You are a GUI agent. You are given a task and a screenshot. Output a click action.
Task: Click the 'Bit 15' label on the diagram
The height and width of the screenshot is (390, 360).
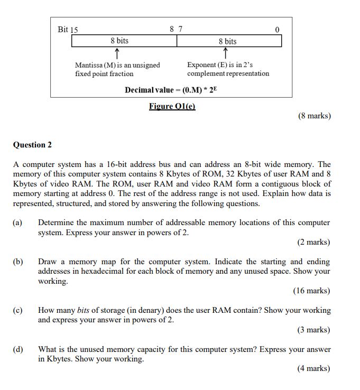68,30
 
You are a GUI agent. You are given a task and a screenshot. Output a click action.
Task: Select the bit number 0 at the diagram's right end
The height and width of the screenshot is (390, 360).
276,30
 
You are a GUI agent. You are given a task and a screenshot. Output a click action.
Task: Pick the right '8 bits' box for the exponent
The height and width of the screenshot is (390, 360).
228,41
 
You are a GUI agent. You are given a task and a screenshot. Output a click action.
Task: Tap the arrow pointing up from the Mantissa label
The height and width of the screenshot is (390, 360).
116,53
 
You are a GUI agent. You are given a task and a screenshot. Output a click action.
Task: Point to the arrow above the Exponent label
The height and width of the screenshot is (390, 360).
226,53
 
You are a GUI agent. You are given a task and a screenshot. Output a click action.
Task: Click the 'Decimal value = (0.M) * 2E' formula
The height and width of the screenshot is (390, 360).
171,90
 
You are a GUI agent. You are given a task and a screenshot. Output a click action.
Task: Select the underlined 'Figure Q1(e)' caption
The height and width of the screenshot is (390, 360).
172,106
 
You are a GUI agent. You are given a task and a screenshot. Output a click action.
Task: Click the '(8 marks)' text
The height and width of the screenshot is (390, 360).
314,116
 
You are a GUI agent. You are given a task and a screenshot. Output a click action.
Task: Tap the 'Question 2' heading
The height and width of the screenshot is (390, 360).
32,145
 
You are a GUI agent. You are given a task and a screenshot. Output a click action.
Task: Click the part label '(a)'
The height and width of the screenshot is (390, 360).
18,223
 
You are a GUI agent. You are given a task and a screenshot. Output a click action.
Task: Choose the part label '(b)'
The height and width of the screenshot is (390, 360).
18,262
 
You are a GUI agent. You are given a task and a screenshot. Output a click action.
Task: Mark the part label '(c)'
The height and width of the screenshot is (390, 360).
18,311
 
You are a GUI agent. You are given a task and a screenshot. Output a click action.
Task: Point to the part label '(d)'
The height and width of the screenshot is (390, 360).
18,350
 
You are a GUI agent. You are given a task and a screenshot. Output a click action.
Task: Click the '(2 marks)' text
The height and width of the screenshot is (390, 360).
313,242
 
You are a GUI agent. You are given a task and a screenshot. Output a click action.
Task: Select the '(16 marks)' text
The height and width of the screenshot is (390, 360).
311,291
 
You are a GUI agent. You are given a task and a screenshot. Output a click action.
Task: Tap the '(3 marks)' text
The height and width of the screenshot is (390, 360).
313,330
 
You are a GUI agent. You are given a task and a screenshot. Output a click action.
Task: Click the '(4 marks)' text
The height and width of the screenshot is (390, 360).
313,369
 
